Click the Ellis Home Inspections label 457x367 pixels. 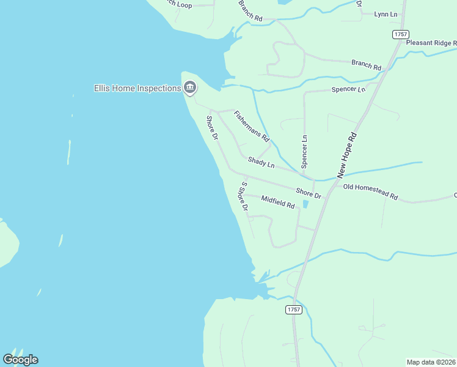(x=137, y=88)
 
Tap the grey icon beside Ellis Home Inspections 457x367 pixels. (x=190, y=89)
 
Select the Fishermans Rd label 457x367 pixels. (x=252, y=126)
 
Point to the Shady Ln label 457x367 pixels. (x=261, y=162)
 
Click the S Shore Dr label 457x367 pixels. (x=244, y=196)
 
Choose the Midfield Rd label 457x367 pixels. (x=278, y=202)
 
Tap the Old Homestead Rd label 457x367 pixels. (x=370, y=191)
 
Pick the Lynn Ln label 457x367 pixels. (x=386, y=14)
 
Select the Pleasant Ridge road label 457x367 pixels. (x=431, y=43)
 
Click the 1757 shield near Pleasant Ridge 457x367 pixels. (x=400, y=35)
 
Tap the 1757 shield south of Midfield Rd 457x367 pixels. (x=294, y=310)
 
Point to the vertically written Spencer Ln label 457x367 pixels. (x=304, y=152)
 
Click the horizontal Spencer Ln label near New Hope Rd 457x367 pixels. (x=348, y=89)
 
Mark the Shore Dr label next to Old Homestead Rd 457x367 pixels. (x=309, y=193)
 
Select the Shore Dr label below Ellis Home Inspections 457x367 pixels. (x=212, y=127)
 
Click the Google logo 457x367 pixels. (x=20, y=360)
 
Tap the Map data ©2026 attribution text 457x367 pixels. (x=431, y=362)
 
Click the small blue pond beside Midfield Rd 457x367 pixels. (x=305, y=204)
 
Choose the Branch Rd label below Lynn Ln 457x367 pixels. (x=366, y=64)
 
